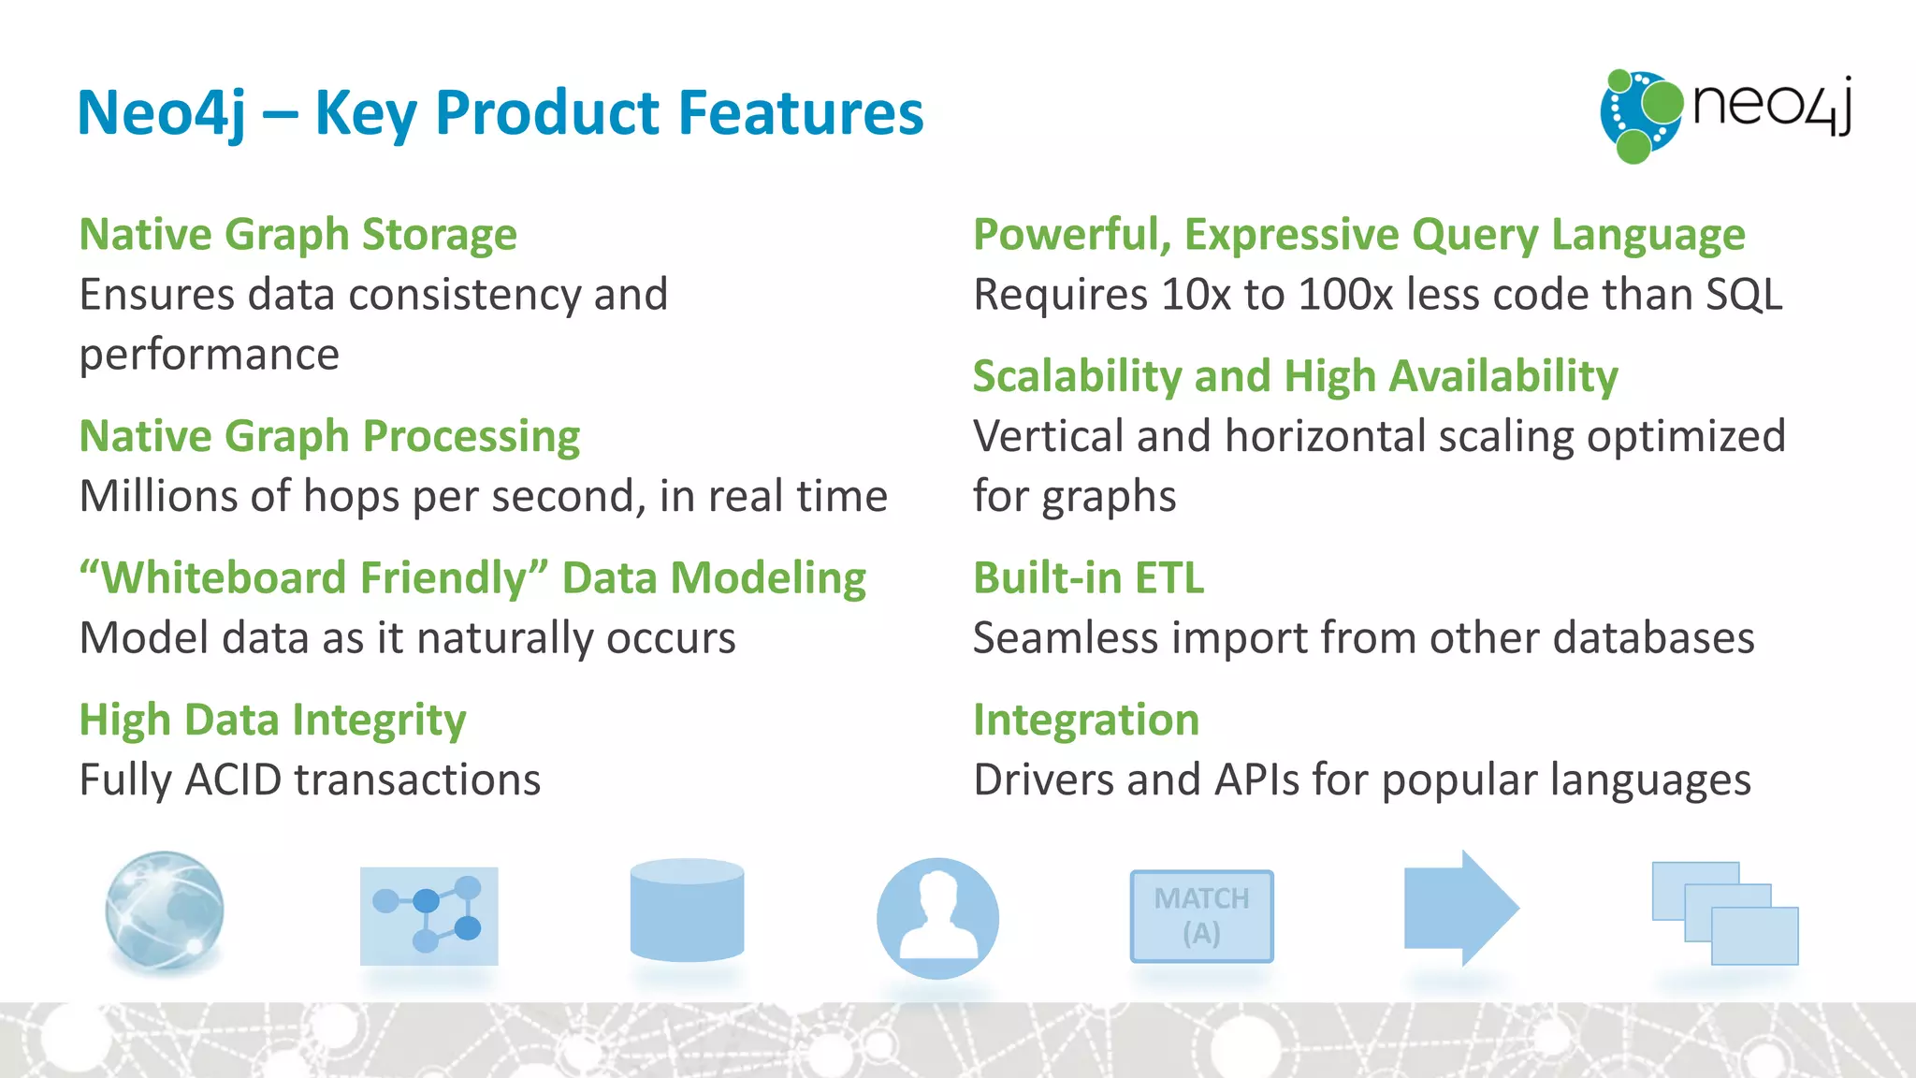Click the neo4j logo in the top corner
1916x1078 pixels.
1727,114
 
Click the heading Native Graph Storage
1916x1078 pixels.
298,234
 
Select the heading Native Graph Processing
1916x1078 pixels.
329,436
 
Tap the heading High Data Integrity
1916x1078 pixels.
272,720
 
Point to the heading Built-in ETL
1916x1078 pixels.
1088,577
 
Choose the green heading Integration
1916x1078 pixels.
1085,720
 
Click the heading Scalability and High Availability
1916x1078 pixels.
1295,376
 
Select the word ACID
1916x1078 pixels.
233,779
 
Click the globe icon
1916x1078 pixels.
165,911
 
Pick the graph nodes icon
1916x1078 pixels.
428,916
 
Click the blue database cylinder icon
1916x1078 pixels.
687,910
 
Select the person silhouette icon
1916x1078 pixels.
937,918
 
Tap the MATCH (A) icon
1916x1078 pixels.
1201,916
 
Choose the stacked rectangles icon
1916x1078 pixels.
1724,913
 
